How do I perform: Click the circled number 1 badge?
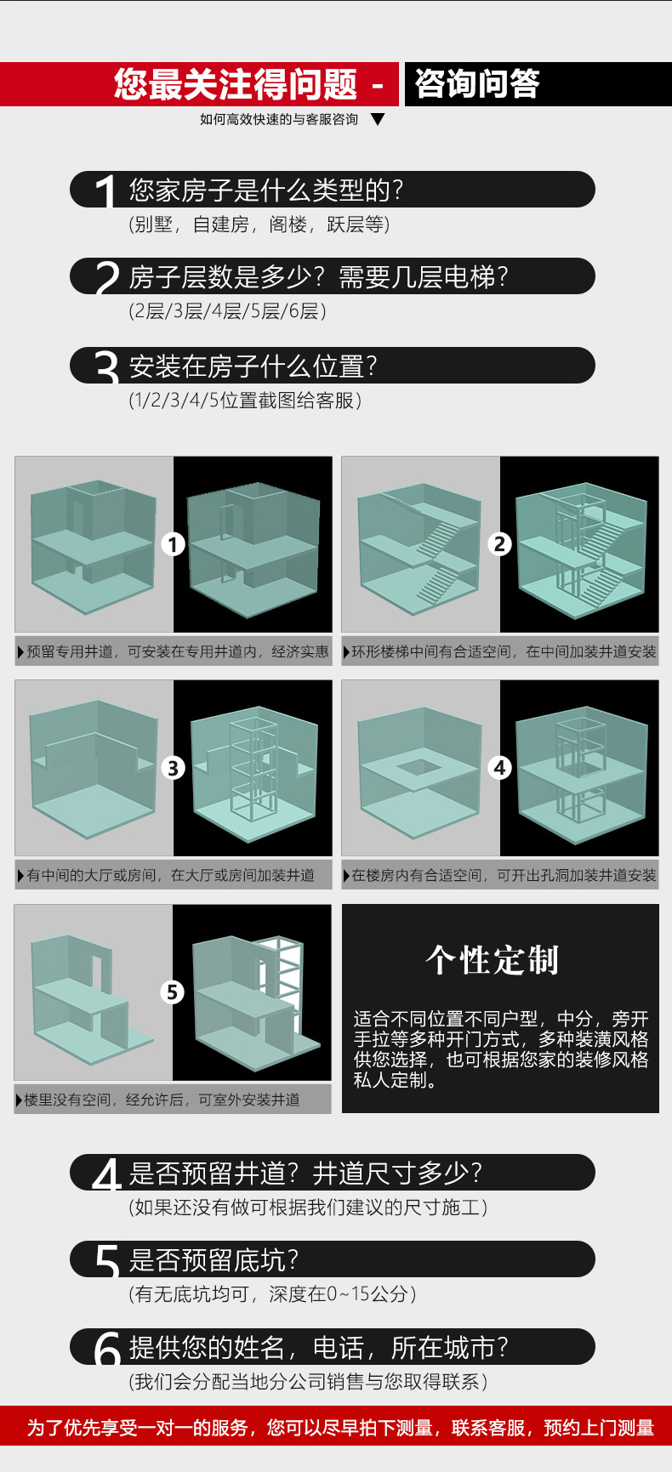pos(174,544)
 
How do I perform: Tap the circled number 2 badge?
pos(500,544)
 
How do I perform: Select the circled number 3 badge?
pos(174,768)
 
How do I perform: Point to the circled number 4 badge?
pos(500,768)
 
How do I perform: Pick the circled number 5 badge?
pos(173,992)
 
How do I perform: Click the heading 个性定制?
pos(493,960)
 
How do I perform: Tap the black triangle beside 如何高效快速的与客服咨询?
pos(379,120)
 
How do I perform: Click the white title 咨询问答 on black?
pos(477,84)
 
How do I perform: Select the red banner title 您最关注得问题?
pos(236,84)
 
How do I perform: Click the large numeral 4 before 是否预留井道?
pos(106,1175)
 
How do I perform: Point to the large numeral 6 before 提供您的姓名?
pos(107,1349)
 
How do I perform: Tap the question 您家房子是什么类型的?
pos(265,190)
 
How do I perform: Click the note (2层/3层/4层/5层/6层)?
pos(227,311)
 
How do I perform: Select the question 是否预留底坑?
pos(214,1259)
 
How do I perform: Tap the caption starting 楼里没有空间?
pos(162,1100)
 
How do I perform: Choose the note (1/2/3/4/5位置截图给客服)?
pos(245,400)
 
